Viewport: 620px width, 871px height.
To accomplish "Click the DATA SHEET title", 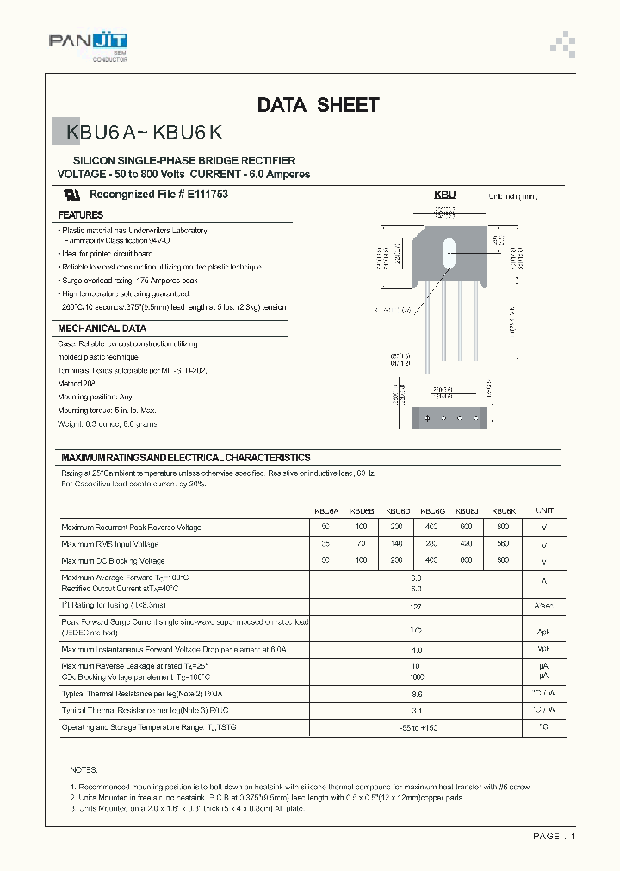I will pos(318,105).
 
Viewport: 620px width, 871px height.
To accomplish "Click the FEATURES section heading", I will pos(80,215).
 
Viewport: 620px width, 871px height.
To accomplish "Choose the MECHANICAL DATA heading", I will pos(102,329).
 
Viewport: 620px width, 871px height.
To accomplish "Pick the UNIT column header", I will pos(544,510).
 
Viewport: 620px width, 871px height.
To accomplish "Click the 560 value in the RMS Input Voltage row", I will pos(503,544).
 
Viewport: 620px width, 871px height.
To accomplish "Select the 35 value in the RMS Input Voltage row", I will pos(325,544).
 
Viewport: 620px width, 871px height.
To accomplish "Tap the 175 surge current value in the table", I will pos(416,628).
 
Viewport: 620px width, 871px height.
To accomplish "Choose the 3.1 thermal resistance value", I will pos(416,711).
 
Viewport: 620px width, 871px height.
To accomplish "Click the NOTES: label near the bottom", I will pos(84,769).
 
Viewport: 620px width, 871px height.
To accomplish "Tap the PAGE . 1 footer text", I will pos(554,837).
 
